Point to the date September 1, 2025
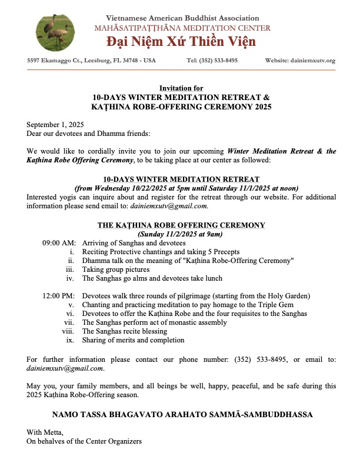tap(55, 125)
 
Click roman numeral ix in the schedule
tap(69, 340)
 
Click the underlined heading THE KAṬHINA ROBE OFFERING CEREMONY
tap(181, 225)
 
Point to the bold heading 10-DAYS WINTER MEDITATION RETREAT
tap(181, 179)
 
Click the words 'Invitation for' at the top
tap(181, 88)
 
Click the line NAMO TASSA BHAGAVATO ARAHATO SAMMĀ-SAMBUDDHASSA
tap(181, 415)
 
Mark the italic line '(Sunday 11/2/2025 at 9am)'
tap(181, 234)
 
